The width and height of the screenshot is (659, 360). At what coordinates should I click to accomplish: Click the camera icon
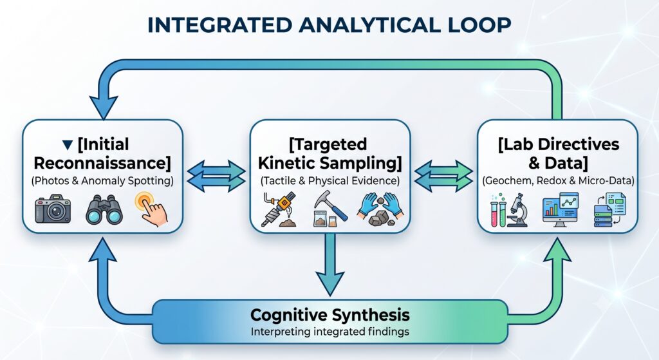pyautogui.click(x=53, y=209)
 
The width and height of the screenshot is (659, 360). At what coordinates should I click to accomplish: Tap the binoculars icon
pyautogui.click(x=104, y=209)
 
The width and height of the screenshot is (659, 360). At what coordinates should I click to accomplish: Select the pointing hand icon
pyautogui.click(x=152, y=209)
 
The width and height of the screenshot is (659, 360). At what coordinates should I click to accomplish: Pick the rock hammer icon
pyautogui.click(x=330, y=209)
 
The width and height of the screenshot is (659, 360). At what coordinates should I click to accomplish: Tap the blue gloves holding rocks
pyautogui.click(x=381, y=209)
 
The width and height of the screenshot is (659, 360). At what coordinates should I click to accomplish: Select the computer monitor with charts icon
pyautogui.click(x=561, y=209)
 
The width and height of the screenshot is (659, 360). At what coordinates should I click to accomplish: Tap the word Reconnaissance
pyautogui.click(x=102, y=163)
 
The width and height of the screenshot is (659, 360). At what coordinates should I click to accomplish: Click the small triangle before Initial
pyautogui.click(x=67, y=145)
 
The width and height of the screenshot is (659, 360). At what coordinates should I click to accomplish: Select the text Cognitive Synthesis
pyautogui.click(x=330, y=314)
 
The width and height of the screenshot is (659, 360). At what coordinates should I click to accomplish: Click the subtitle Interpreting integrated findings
pyautogui.click(x=330, y=332)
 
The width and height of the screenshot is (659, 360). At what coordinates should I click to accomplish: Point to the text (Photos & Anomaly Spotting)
pyautogui.click(x=102, y=181)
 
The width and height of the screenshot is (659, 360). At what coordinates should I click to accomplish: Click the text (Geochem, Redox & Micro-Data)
pyautogui.click(x=558, y=181)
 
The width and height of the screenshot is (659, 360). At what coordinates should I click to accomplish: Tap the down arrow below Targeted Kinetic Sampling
pyautogui.click(x=330, y=264)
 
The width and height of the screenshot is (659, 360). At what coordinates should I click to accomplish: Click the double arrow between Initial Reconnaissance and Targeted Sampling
pyautogui.click(x=216, y=176)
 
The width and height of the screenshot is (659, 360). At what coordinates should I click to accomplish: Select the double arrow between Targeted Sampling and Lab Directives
pyautogui.click(x=443, y=176)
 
